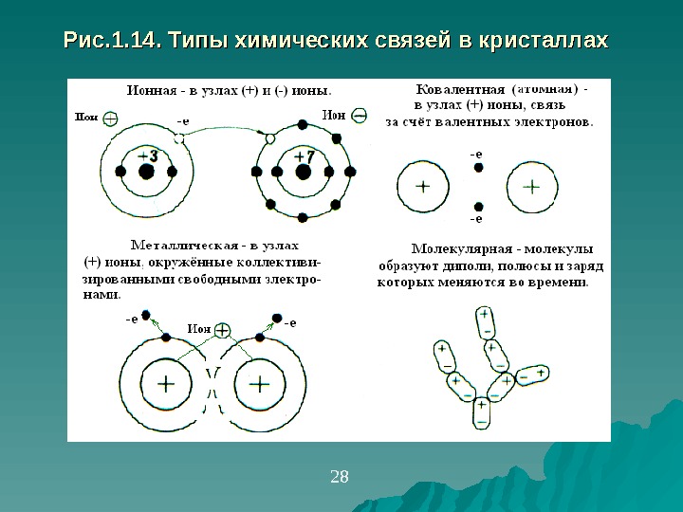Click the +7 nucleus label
(305, 155)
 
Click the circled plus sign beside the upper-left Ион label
(111, 119)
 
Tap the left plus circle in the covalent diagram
(422, 188)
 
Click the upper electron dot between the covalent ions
(478, 167)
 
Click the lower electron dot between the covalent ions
(478, 206)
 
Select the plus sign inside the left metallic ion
(167, 384)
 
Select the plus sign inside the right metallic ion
(259, 384)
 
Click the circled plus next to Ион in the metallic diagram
(223, 330)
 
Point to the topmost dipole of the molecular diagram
(485, 321)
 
